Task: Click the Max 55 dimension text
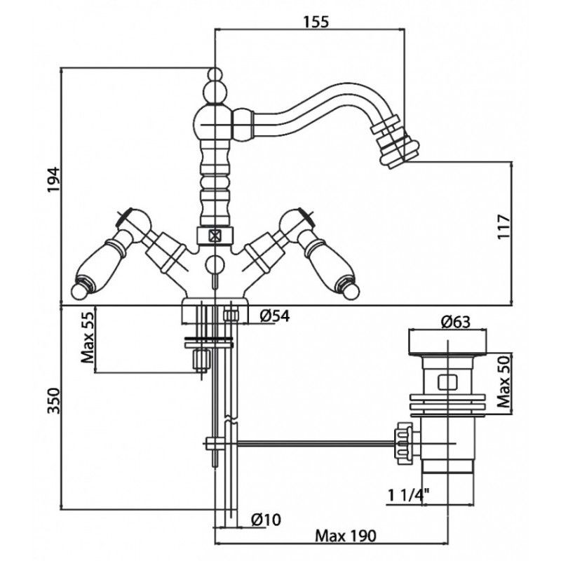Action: coord(88,339)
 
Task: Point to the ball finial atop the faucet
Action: coord(214,90)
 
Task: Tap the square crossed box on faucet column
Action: coord(214,235)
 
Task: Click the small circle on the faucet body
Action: coord(215,264)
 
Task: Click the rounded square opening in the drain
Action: coord(447,383)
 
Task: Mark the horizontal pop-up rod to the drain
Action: coord(309,442)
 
